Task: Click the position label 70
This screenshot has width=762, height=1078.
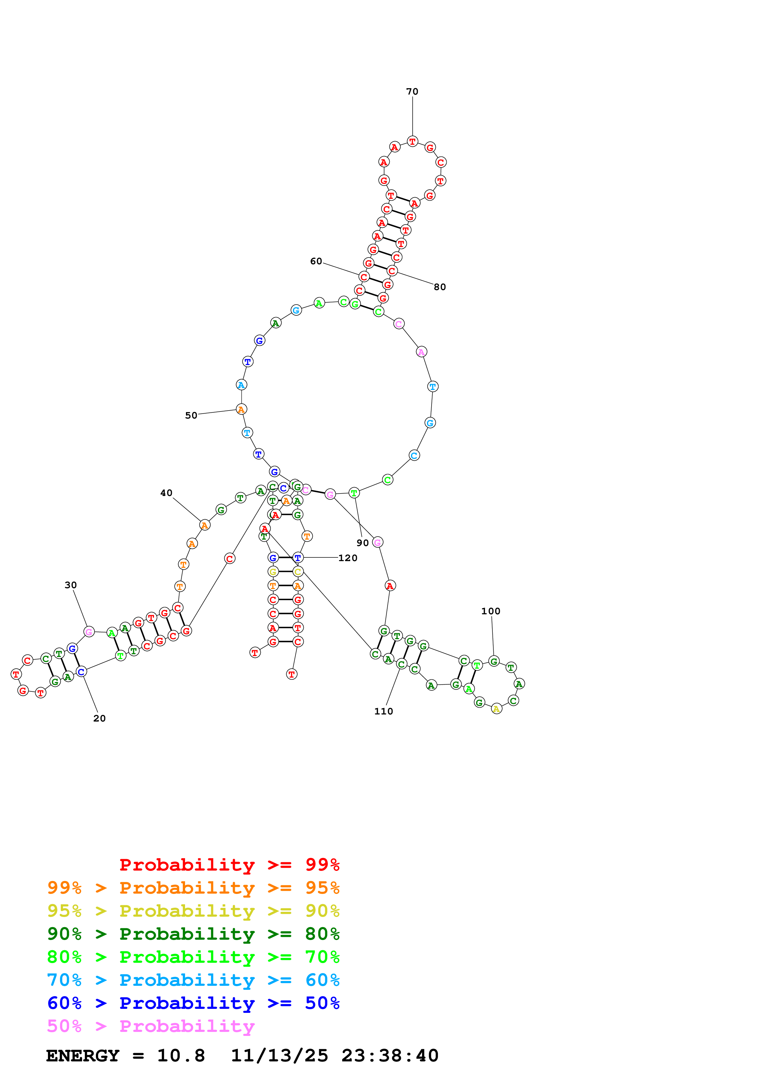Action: pyautogui.click(x=412, y=92)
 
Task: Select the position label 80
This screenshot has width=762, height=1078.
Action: pyautogui.click(x=440, y=287)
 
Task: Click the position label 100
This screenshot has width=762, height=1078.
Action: pyautogui.click(x=491, y=611)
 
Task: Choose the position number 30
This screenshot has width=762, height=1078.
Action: pyautogui.click(x=70, y=585)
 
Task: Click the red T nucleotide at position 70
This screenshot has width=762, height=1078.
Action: pyautogui.click(x=412, y=141)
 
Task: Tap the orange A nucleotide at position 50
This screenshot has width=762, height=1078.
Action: pyautogui.click(x=241, y=409)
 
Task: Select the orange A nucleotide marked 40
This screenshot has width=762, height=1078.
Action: pyautogui.click(x=204, y=525)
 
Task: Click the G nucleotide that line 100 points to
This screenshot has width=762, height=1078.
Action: pyautogui.click(x=493, y=661)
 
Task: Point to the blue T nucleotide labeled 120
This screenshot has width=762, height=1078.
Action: pyautogui.click(x=298, y=558)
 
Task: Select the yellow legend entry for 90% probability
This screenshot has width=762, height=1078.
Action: pyautogui.click(x=193, y=911)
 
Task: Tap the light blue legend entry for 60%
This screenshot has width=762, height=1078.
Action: pyautogui.click(x=193, y=980)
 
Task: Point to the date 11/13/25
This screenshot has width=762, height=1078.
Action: pyautogui.click(x=279, y=1056)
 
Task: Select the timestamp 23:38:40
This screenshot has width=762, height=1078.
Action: pyautogui.click(x=390, y=1056)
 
